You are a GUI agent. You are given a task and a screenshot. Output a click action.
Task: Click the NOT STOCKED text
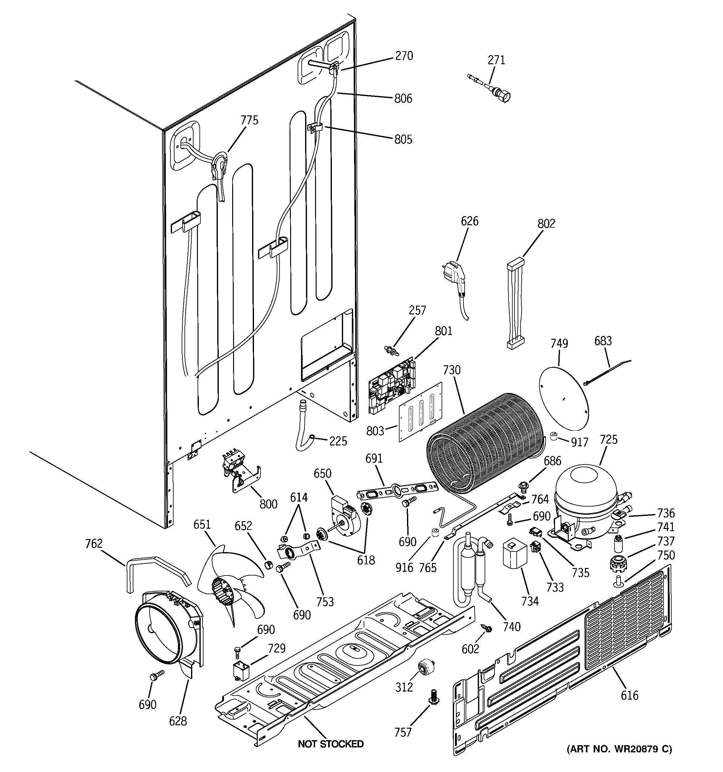coord(331,744)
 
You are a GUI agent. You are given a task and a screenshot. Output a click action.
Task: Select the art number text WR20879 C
coord(620,749)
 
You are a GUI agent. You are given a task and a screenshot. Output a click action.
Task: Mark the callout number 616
coord(629,695)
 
